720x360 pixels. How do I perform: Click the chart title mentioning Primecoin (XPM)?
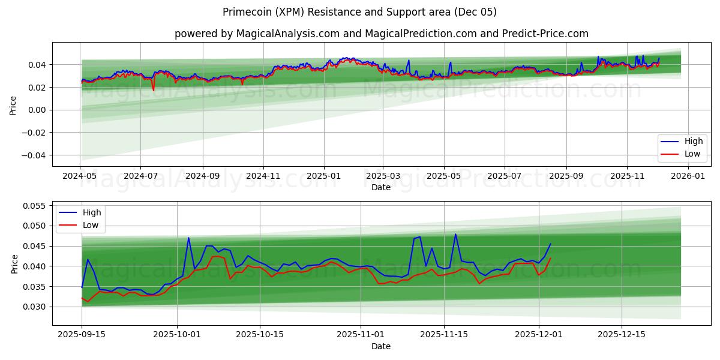(x=359, y=12)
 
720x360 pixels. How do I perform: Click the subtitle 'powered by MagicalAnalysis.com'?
(x=381, y=34)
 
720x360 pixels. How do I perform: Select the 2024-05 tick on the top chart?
(x=80, y=176)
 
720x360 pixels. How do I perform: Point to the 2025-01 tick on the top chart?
(x=324, y=176)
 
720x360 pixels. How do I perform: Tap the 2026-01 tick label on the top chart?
(x=688, y=176)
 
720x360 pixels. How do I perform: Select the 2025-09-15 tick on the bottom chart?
(x=82, y=333)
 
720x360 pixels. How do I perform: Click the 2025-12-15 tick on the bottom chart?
(x=621, y=333)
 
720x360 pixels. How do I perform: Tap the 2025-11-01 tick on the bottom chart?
(x=360, y=333)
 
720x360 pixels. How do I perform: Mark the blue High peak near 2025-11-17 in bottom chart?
(x=455, y=234)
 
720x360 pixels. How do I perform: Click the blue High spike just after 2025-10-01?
(x=188, y=238)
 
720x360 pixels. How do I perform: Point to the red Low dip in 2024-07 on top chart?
(x=153, y=90)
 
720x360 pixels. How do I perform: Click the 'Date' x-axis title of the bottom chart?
(x=381, y=346)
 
